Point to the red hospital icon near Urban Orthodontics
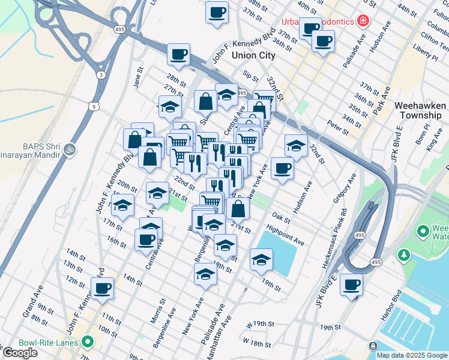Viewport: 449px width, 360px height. click(363, 22)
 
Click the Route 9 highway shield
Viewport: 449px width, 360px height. click(93, 106)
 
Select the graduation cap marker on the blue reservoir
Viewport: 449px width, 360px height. click(262, 260)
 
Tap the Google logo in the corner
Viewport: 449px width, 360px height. click(20, 353)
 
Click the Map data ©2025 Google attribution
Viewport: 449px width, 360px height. click(412, 355)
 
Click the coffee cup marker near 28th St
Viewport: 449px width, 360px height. click(178, 55)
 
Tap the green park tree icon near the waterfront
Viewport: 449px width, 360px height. click(405, 256)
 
